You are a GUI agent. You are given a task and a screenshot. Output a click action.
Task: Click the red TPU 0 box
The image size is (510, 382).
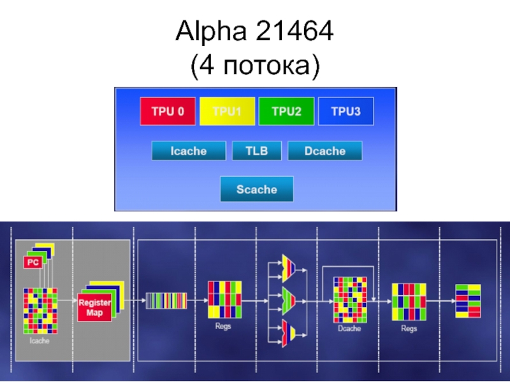tap(168, 111)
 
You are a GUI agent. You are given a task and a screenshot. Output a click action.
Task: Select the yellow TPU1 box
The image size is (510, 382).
tap(227, 111)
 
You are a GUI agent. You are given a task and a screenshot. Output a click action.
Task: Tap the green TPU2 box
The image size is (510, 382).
tap(286, 111)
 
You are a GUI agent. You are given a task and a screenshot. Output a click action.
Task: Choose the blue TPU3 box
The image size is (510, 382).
tap(346, 111)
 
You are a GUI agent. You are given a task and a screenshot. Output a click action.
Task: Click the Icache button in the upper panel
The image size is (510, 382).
tap(188, 151)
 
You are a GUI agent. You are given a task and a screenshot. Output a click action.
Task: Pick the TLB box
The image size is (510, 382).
tap(257, 151)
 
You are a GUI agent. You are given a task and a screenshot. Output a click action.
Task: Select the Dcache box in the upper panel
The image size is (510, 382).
tap(325, 151)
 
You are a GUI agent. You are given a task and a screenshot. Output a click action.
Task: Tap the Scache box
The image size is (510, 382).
tap(257, 189)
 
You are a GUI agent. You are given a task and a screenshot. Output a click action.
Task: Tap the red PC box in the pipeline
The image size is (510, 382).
tap(33, 262)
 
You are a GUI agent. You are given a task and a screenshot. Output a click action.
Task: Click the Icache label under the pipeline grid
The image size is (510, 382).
tap(40, 341)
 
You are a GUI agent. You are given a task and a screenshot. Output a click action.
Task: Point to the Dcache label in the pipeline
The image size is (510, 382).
tap(349, 329)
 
